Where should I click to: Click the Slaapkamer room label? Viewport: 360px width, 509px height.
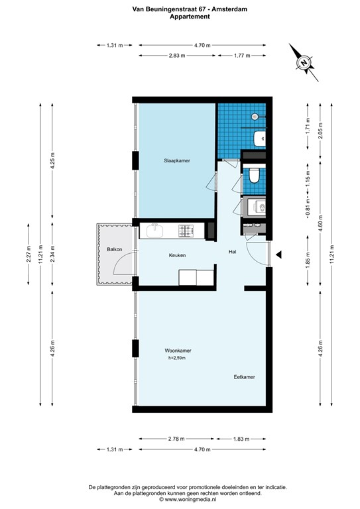pyautogui.click(x=178, y=160)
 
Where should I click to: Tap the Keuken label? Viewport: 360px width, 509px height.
pyautogui.click(x=177, y=255)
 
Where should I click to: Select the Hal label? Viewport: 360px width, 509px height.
pyautogui.click(x=232, y=252)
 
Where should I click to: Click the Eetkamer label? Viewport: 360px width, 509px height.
pyautogui.click(x=244, y=377)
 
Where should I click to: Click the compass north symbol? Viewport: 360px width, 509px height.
pyautogui.click(x=303, y=62)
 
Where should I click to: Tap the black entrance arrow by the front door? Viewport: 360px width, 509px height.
pyautogui.click(x=280, y=254)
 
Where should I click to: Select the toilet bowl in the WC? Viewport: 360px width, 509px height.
pyautogui.click(x=254, y=175)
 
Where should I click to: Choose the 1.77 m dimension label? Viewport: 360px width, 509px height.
pyautogui.click(x=243, y=56)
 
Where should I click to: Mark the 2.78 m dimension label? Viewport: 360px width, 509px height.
pyautogui.click(x=176, y=439)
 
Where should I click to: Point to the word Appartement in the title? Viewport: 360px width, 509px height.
pyautogui.click(x=180, y=17)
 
